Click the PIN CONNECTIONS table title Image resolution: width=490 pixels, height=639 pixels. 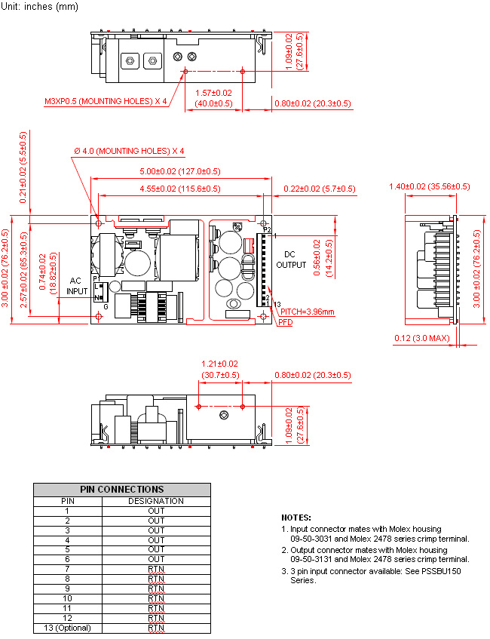pyautogui.click(x=122, y=490)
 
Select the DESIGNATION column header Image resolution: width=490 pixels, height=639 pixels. pyautogui.click(x=156, y=501)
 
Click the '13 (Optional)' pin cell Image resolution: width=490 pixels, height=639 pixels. pyautogui.click(x=68, y=628)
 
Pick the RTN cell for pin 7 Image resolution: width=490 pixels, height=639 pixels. pyautogui.click(x=156, y=570)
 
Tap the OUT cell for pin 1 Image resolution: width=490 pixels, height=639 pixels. pyautogui.click(x=156, y=511)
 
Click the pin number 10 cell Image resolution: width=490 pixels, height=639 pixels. pyautogui.click(x=68, y=599)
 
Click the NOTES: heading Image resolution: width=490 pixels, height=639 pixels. pyautogui.click(x=296, y=518)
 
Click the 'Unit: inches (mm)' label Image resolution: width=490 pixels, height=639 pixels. pyautogui.click(x=39, y=7)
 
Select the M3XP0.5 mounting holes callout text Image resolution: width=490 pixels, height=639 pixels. pyautogui.click(x=106, y=101)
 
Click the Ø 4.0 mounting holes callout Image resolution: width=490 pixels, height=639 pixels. pyautogui.click(x=129, y=151)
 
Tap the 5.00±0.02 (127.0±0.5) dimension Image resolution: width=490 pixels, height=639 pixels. pyautogui.click(x=180, y=171)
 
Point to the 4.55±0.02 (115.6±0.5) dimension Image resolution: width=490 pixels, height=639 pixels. pyautogui.click(x=180, y=189)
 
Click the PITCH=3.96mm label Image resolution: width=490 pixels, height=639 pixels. pyautogui.click(x=307, y=312)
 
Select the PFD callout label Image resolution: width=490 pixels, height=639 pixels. pyautogui.click(x=286, y=322)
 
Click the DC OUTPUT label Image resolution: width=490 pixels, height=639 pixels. pyautogui.click(x=291, y=260)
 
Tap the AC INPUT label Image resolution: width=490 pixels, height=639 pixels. pyautogui.click(x=77, y=286)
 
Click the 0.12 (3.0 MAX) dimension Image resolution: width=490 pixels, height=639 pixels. pyautogui.click(x=422, y=338)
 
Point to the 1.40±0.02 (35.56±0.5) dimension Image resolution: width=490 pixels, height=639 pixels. pyautogui.click(x=429, y=186)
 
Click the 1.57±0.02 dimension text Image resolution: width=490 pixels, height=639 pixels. pyautogui.click(x=213, y=94)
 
